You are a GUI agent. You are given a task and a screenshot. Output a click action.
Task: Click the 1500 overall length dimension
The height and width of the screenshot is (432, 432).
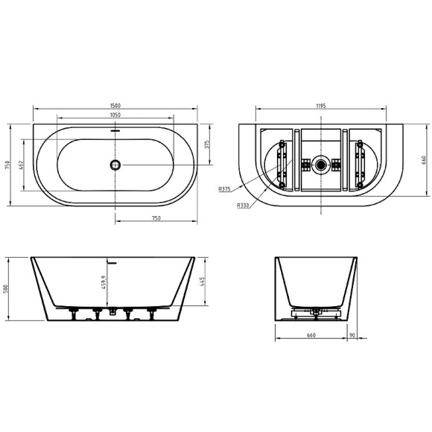pos(115,106)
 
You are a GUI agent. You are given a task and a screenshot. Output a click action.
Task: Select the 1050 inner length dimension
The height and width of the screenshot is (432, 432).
pos(115,115)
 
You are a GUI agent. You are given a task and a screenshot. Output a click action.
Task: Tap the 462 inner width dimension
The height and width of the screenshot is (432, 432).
pos(22,164)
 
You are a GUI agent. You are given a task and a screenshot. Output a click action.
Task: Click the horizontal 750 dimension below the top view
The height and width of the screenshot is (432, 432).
pos(156,218)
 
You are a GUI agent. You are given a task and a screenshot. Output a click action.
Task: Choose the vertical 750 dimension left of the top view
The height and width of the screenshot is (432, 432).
pos(7,165)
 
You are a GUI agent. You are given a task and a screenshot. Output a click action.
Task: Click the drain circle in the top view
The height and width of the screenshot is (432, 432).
pos(115,165)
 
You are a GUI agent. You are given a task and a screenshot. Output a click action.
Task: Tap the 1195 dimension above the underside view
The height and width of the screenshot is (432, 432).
pos(322,106)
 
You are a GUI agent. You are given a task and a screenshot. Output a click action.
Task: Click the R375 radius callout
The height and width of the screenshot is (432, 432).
pos(224,189)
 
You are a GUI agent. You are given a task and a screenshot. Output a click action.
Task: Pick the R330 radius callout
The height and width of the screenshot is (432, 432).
pos(242,205)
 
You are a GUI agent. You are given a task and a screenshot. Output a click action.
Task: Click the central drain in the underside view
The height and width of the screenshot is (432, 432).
pos(321,164)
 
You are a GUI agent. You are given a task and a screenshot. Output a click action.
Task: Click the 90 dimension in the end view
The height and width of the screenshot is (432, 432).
pos(351,335)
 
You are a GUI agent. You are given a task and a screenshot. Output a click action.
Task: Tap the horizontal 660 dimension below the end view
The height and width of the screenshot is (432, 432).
pos(311,335)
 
